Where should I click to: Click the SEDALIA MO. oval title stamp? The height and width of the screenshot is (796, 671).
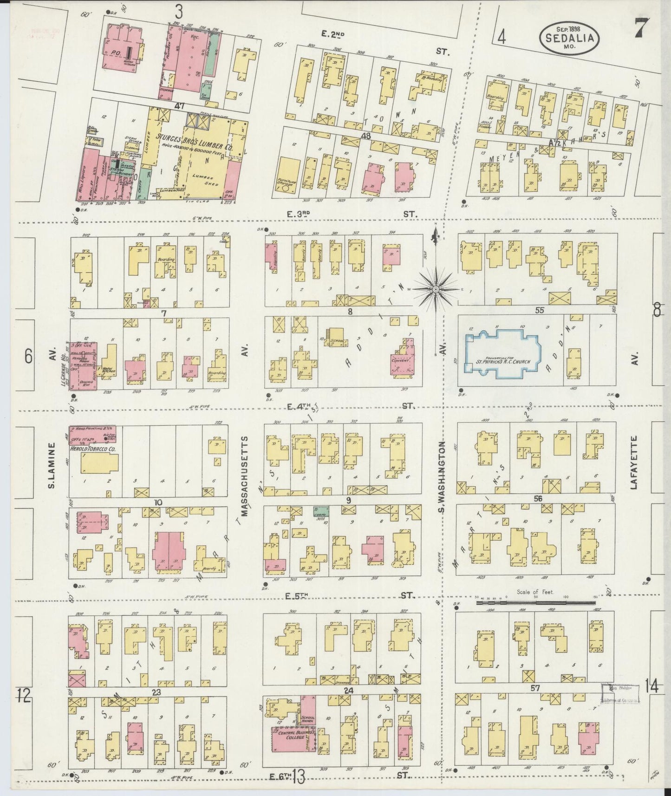[x=569, y=36]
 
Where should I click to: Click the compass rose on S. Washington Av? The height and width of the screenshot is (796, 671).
[x=436, y=289]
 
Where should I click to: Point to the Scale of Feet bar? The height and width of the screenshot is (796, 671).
[x=536, y=602]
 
